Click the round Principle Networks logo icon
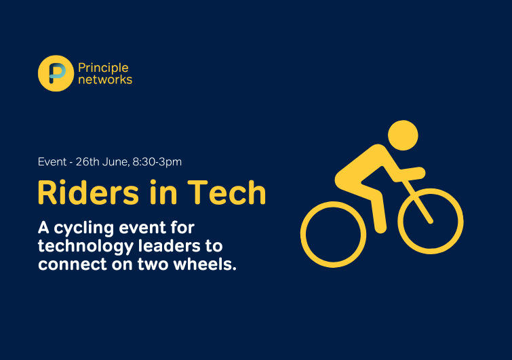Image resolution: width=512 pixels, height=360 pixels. point(56,73)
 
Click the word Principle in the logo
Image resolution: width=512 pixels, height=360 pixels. point(103,68)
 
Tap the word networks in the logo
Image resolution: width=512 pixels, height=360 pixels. point(105,79)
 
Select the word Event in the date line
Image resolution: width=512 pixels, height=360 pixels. point(52,162)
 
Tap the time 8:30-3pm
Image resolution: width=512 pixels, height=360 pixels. point(157,162)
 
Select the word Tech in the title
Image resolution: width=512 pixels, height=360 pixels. point(227,193)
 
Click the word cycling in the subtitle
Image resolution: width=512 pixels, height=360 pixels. point(84,228)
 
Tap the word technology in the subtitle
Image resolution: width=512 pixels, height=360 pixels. point(85,247)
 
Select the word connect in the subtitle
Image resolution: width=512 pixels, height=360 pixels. point(72,264)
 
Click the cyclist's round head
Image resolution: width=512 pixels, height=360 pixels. point(403,135)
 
